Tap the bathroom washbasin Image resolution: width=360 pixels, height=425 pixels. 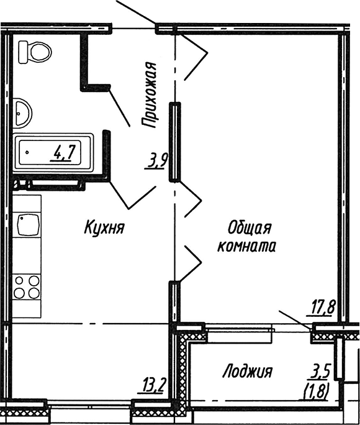click(23, 112)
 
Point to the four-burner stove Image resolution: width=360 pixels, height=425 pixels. click(27, 288)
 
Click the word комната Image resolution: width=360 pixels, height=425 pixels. click(246, 245)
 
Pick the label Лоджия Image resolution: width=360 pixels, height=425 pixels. click(248, 372)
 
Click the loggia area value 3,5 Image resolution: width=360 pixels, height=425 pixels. click(321, 373)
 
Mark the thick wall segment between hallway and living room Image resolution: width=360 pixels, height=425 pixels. click(176, 142)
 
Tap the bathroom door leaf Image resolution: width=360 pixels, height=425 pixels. click(119, 103)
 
